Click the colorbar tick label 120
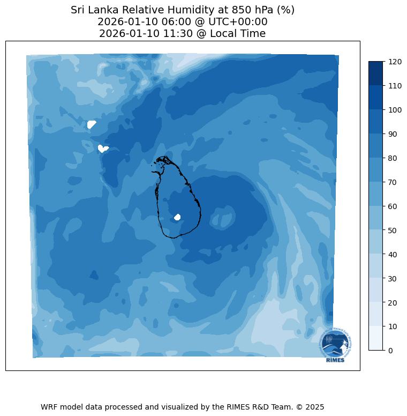[395, 62]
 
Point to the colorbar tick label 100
[395, 110]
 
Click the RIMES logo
[335, 345]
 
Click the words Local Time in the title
[239, 34]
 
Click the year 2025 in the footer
[315, 407]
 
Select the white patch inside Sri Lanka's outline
[177, 217]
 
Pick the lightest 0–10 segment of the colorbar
[376, 338]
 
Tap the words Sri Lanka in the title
[92, 10]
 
